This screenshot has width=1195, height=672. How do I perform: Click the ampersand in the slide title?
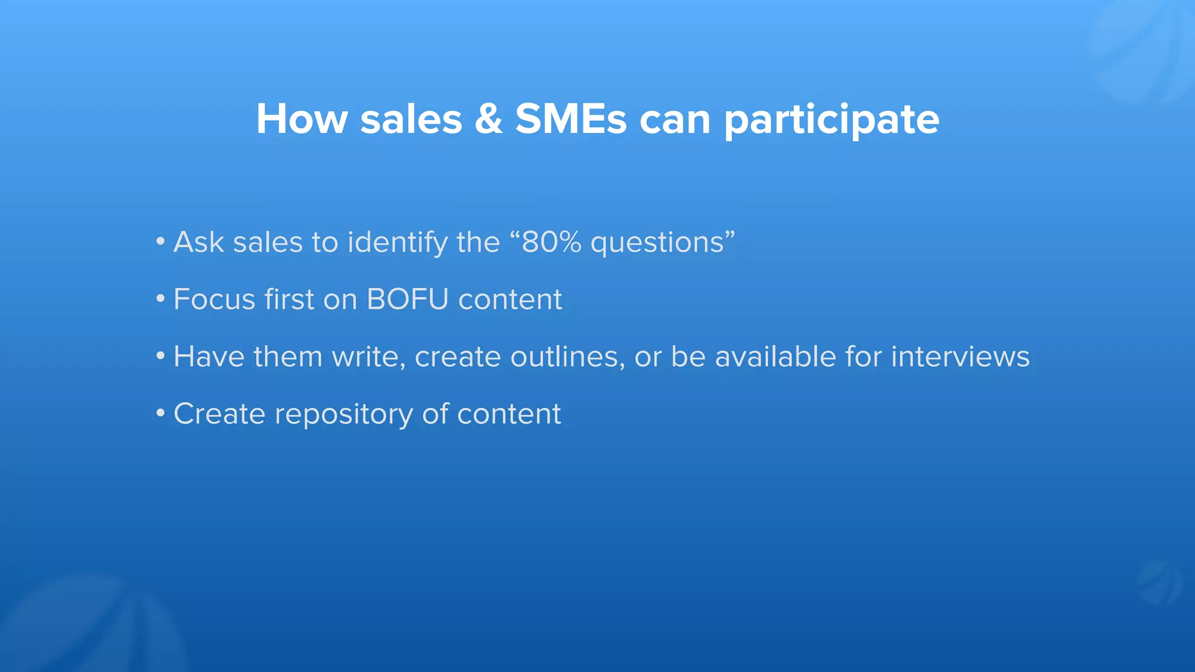click(488, 119)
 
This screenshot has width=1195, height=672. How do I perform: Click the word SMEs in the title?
click(571, 119)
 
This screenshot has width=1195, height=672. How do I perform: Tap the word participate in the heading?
click(831, 120)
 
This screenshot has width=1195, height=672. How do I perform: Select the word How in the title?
click(302, 119)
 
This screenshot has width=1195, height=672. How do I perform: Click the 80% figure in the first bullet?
click(551, 242)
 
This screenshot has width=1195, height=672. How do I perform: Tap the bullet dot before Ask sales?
click(160, 242)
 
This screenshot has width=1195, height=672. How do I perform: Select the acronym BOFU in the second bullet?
click(407, 299)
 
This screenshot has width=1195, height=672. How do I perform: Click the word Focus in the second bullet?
click(214, 299)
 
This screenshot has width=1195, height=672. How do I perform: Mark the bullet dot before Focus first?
click(160, 299)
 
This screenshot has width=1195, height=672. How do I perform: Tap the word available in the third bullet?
click(775, 356)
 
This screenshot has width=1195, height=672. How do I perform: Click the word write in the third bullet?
click(368, 356)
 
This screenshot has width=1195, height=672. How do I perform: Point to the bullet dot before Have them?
click(160, 356)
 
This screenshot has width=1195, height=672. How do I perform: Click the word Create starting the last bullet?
click(219, 414)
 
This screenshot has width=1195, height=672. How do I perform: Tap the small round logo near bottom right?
click(1159, 583)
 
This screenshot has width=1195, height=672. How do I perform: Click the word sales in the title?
click(411, 119)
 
